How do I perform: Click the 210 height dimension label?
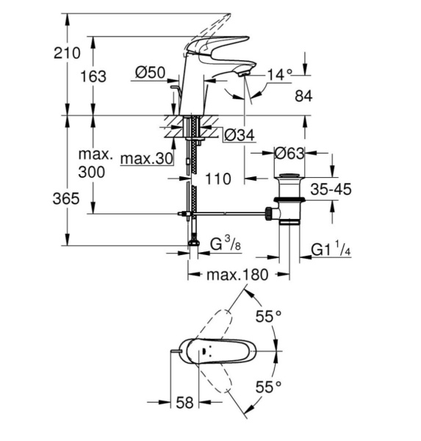(67, 53)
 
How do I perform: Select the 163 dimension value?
(93, 76)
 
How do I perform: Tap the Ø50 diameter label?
(150, 73)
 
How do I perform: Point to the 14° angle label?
(279, 75)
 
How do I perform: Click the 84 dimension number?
(303, 96)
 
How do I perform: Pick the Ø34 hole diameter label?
(240, 135)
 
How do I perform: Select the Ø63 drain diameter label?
(289, 154)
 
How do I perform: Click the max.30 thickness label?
(146, 159)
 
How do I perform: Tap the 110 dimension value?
(218, 179)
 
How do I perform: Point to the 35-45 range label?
(331, 189)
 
